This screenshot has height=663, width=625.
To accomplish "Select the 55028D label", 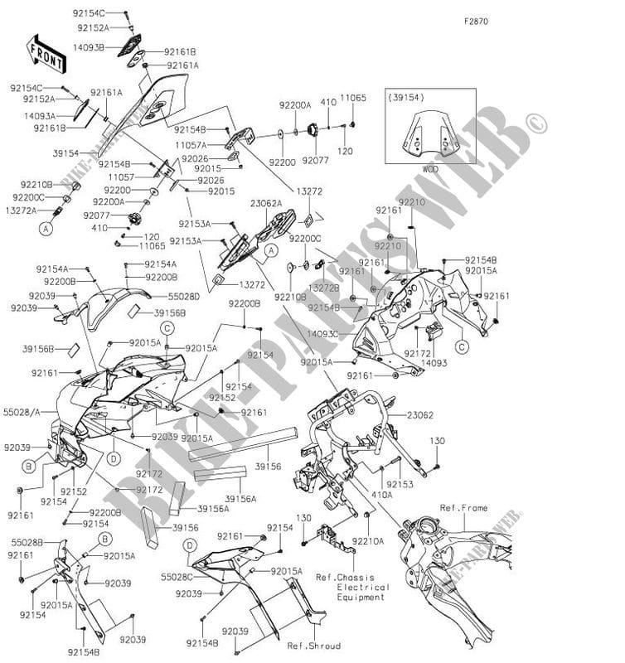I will tap(183, 295).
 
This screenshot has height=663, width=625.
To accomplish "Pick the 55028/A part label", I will tap(22, 410).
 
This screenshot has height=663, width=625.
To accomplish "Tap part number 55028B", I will tap(27, 541).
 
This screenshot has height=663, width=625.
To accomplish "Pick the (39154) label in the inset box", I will tap(406, 96).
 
